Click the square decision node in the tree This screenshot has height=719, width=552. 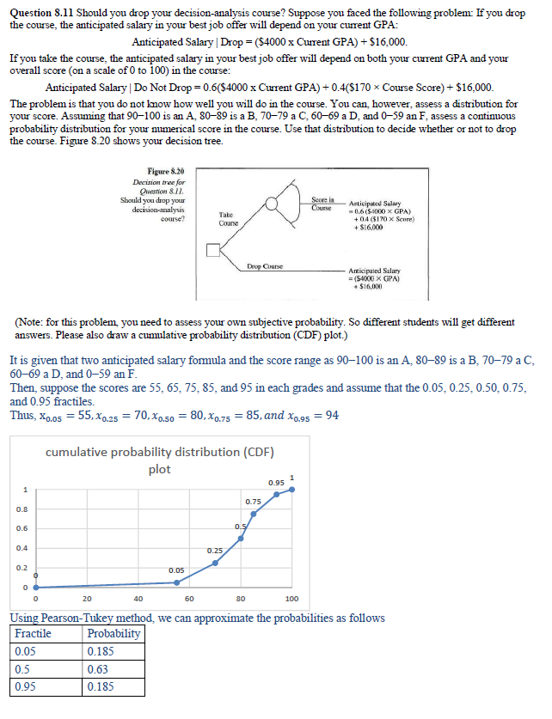tap(212, 252)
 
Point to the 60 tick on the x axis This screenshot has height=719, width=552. tap(189, 599)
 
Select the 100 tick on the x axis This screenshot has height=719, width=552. tap(291, 599)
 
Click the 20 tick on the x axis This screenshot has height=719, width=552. tap(87, 599)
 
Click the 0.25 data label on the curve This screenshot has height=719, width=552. tap(215, 549)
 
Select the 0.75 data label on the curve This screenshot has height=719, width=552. tap(253, 501)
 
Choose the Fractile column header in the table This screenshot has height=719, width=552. tap(34, 633)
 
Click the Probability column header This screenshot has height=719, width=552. tap(113, 633)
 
